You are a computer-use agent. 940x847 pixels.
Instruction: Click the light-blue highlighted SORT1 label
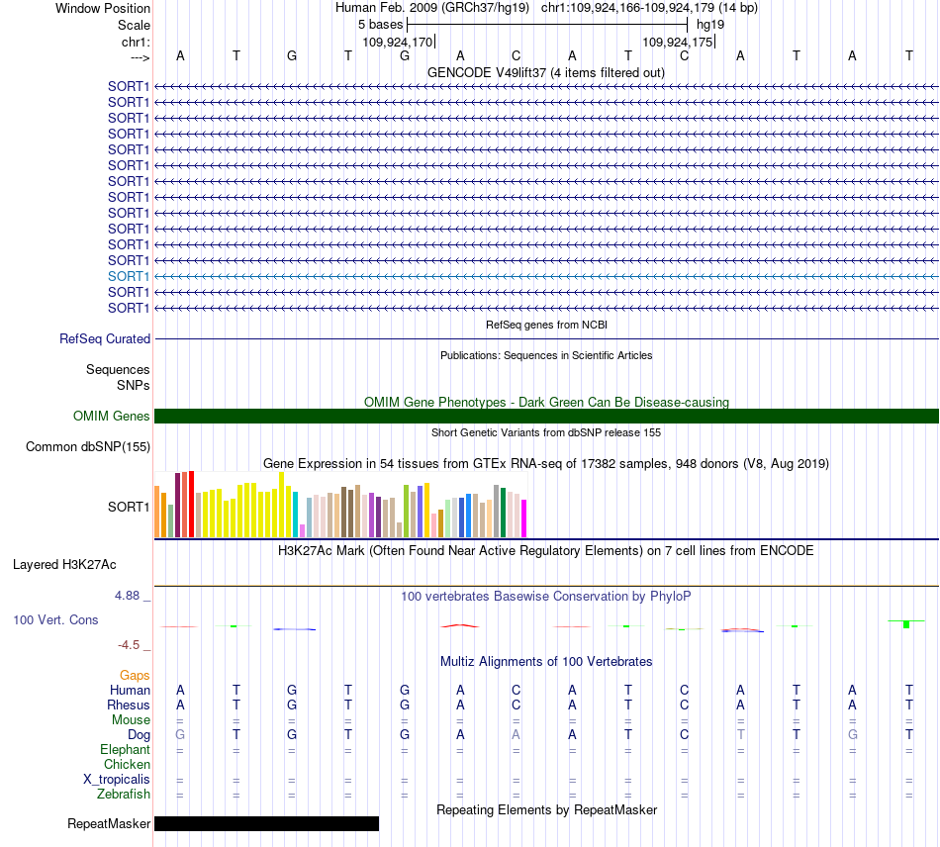click(129, 276)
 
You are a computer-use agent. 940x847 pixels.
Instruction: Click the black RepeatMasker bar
click(267, 823)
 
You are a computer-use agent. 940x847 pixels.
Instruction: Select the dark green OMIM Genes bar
click(546, 416)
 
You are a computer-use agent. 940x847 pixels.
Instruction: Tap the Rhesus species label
click(129, 705)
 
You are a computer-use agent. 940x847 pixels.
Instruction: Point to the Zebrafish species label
click(124, 794)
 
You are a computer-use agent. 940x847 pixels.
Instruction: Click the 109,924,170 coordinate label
click(397, 42)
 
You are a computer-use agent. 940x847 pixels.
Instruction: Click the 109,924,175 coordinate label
click(678, 42)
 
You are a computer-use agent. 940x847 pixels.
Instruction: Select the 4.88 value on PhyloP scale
click(127, 596)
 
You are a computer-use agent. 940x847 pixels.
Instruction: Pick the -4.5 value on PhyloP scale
click(129, 645)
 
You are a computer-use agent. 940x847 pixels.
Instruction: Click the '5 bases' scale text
click(381, 25)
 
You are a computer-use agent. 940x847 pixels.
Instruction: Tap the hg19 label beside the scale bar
click(710, 25)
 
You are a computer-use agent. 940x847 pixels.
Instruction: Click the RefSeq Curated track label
click(105, 338)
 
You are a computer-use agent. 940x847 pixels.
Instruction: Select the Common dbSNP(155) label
click(88, 446)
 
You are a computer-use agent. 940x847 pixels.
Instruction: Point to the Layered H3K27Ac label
click(64, 565)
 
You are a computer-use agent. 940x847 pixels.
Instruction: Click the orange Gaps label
click(135, 676)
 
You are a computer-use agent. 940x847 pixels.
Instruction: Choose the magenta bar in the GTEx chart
click(524, 518)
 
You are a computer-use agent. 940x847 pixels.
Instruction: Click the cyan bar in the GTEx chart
click(296, 515)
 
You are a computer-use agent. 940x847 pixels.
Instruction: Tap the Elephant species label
click(126, 749)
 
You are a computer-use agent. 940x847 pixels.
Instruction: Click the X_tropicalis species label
click(117, 780)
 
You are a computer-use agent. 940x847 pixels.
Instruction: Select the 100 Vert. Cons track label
click(55, 619)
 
